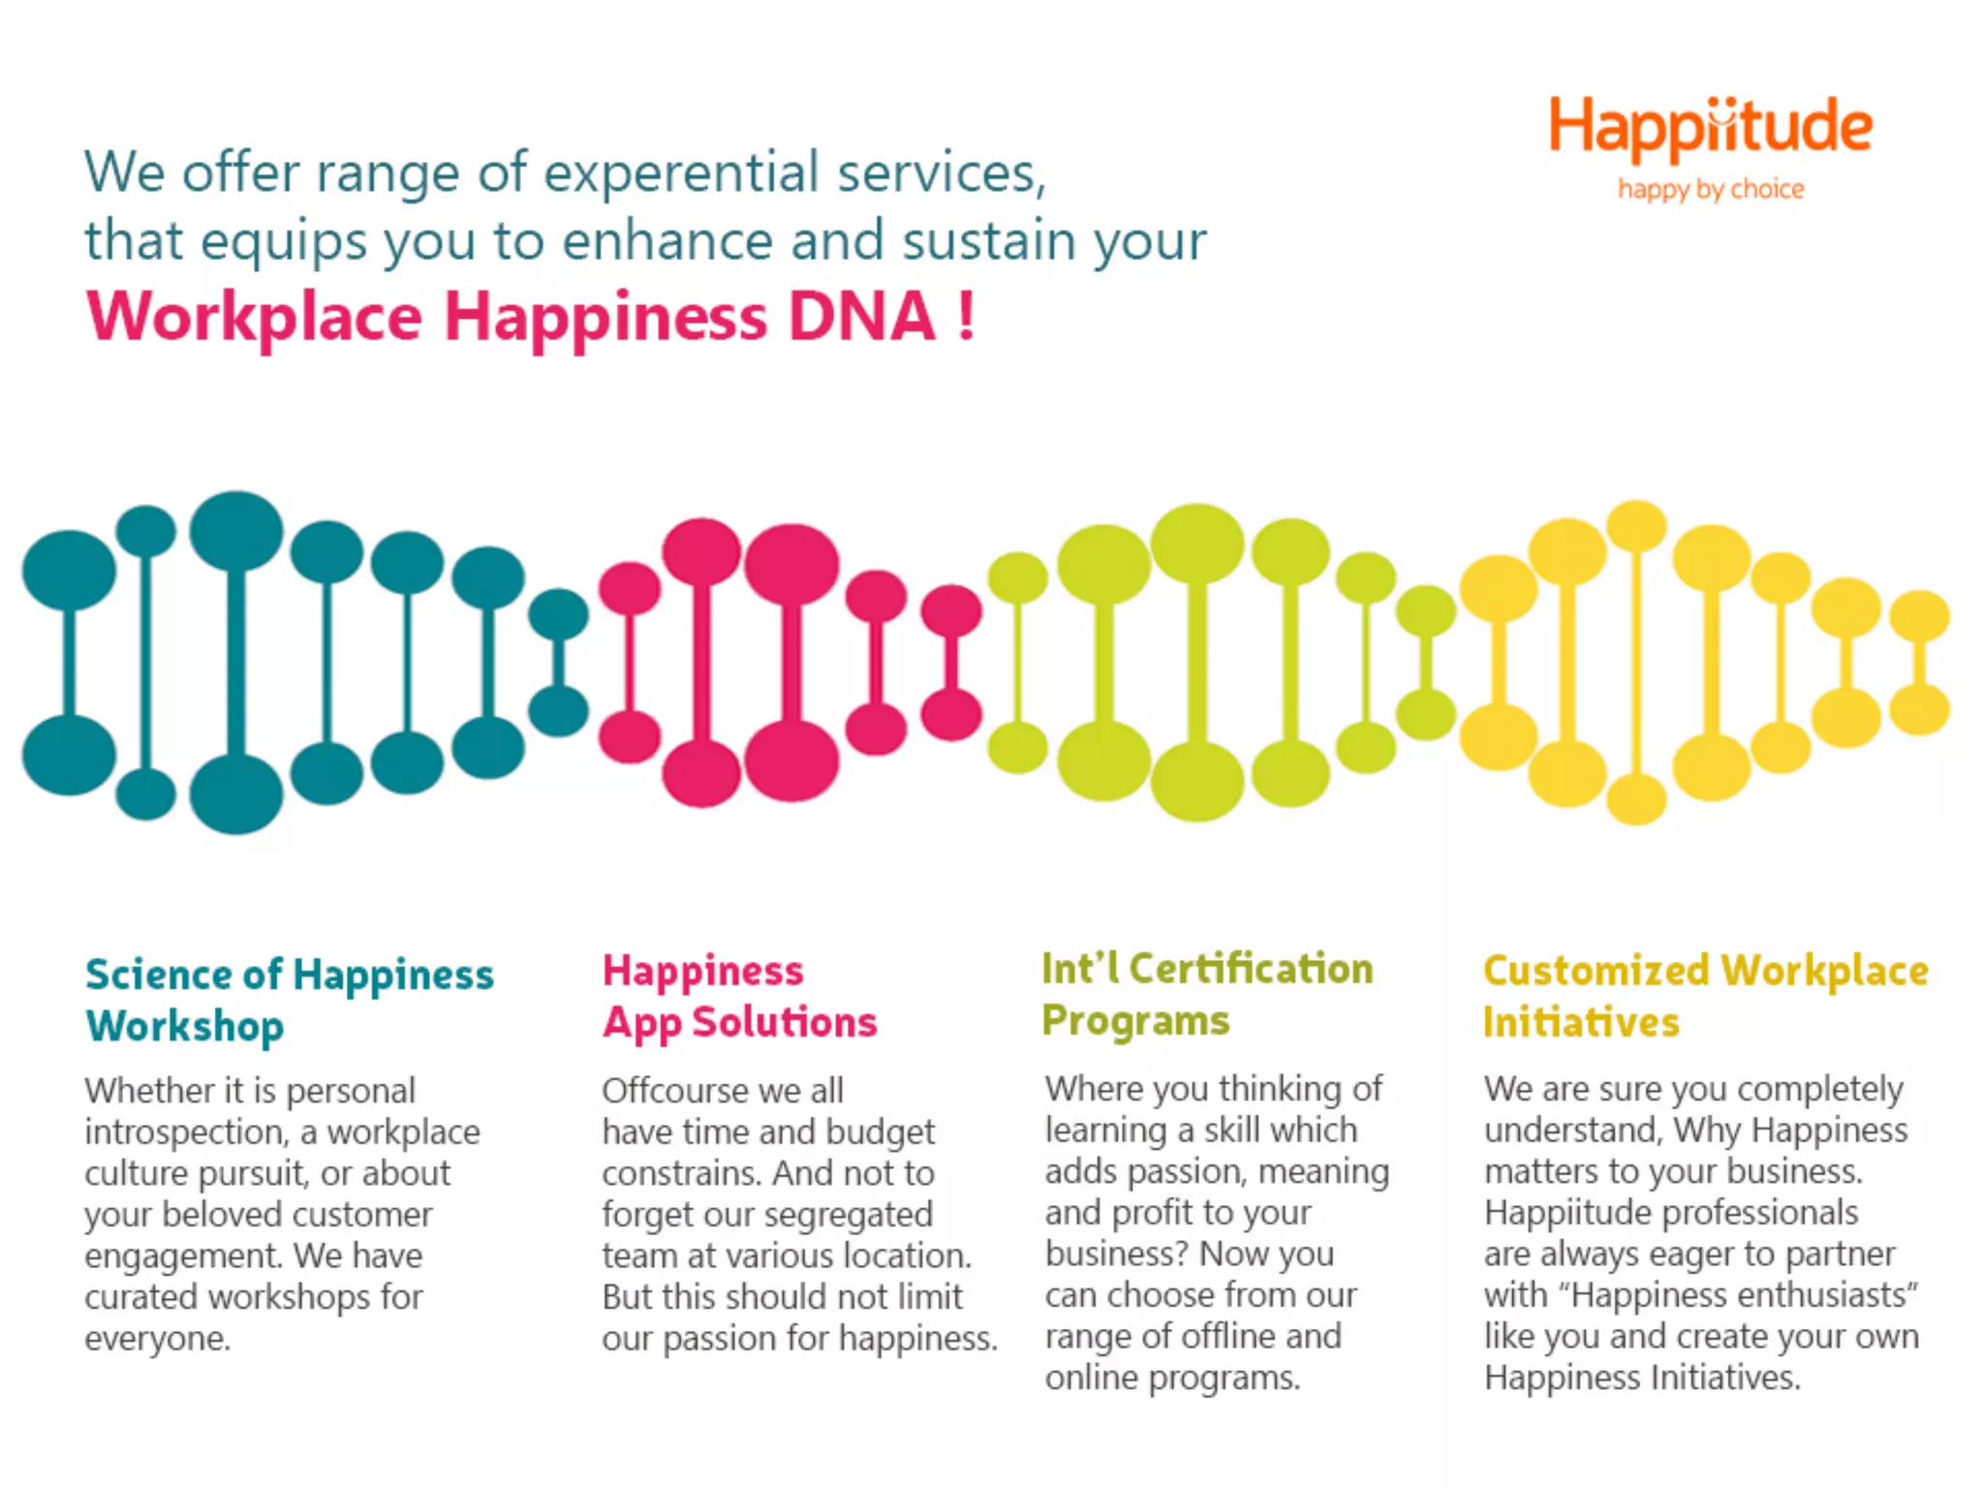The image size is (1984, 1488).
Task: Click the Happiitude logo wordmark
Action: (x=1710, y=128)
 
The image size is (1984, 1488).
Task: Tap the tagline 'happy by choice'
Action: (x=1711, y=189)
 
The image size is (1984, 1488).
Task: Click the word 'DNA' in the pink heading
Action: (x=861, y=317)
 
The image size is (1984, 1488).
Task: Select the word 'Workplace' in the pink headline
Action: (x=255, y=319)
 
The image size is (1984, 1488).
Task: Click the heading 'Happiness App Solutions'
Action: (x=739, y=997)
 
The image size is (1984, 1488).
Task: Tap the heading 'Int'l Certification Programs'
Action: (x=1207, y=995)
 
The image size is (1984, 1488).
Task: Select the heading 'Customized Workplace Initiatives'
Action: (x=1705, y=997)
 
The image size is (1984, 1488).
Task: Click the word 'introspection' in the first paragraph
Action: (x=184, y=1132)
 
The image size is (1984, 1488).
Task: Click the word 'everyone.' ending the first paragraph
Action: (x=157, y=1339)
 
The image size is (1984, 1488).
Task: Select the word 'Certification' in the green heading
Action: (x=1251, y=969)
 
